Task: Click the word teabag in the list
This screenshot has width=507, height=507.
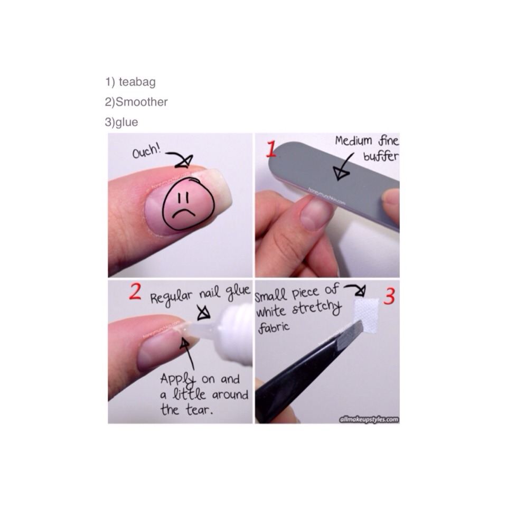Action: coord(137,82)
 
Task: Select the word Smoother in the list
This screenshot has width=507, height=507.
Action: coord(142,102)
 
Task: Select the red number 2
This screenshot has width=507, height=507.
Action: coord(135,292)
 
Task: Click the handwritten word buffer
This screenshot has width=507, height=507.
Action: coord(381,157)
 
